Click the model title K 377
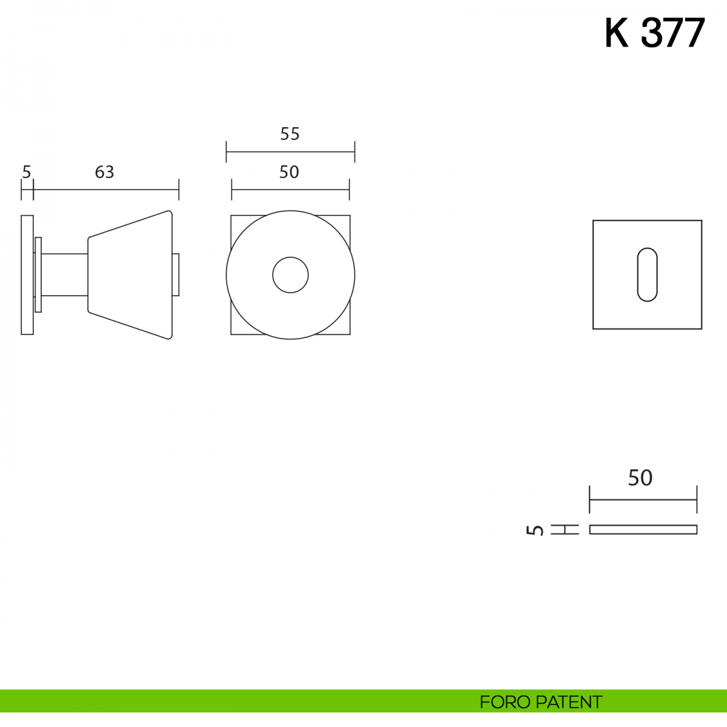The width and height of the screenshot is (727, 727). tap(654, 33)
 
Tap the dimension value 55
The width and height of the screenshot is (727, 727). tap(290, 134)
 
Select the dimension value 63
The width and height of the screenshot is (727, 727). tap(104, 172)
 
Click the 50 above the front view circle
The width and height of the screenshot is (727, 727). tap(289, 172)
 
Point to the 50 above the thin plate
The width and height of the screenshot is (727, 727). tap(640, 478)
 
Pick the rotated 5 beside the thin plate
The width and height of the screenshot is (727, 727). tap(534, 530)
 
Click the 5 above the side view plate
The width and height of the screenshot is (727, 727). tap(27, 173)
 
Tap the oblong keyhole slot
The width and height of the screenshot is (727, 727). tap(648, 274)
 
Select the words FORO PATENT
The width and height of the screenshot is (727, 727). tap(540, 702)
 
